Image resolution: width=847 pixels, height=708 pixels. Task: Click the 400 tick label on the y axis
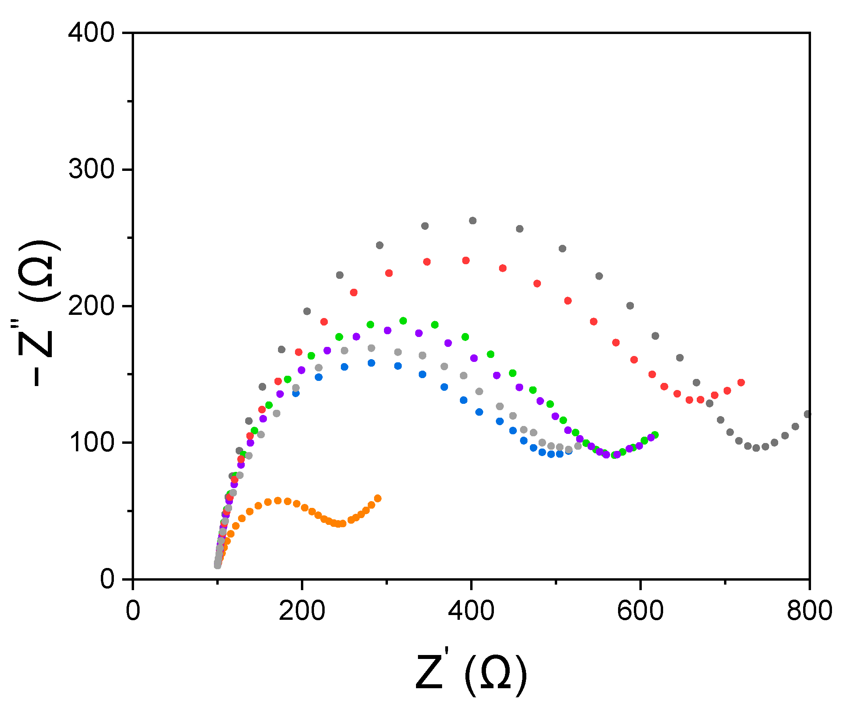point(92,33)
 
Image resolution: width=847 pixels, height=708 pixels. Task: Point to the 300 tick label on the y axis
point(92,169)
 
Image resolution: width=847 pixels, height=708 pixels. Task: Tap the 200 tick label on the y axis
point(92,307)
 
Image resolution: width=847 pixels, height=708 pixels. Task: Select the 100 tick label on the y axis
point(92,443)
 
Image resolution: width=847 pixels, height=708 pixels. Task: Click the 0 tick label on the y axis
point(107,580)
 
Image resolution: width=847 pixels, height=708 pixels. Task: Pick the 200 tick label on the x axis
point(302,611)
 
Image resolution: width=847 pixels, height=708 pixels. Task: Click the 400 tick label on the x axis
point(471,611)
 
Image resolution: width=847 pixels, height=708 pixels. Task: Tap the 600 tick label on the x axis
point(640,611)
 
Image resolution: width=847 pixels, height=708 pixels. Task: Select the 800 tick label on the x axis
point(809,611)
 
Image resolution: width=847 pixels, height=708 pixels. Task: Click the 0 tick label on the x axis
point(133,611)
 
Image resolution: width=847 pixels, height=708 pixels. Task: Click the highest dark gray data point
point(473,221)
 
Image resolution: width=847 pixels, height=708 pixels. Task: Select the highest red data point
point(466,261)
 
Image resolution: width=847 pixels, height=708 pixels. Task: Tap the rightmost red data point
point(741,382)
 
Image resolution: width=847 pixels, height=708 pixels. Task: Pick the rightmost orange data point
point(378,499)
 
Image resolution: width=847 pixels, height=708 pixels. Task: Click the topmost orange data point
point(278,501)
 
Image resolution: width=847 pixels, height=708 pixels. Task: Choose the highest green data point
point(403,321)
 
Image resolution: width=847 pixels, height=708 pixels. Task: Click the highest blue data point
point(371,363)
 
